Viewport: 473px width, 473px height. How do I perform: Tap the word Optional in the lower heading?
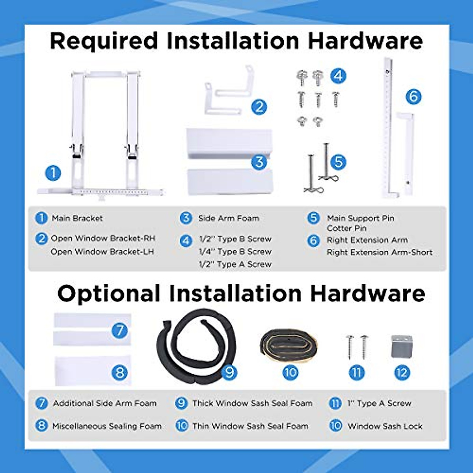pyautogui.click(x=109, y=293)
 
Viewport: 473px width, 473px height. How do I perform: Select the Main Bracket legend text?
pyautogui.click(x=77, y=218)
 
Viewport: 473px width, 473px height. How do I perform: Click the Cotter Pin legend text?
pyautogui.click(x=346, y=228)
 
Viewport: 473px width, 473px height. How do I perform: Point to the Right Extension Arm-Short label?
pyautogui.click(x=380, y=252)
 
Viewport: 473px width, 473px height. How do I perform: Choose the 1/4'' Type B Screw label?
pyautogui.click(x=235, y=251)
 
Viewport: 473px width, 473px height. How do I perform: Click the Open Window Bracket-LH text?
pyautogui.click(x=102, y=251)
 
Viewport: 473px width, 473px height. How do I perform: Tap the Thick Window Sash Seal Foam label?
pyautogui.click(x=252, y=403)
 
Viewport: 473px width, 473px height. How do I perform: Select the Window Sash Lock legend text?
pyautogui.click(x=385, y=426)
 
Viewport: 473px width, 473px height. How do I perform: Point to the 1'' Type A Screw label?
pyautogui.click(x=379, y=403)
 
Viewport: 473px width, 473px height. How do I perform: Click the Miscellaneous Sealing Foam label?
pyautogui.click(x=107, y=426)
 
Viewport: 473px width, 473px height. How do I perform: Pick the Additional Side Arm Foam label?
pyautogui.click(x=105, y=403)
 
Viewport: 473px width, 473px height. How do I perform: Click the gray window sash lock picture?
pyautogui.click(x=402, y=346)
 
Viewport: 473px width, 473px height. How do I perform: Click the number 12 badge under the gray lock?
pyautogui.click(x=402, y=373)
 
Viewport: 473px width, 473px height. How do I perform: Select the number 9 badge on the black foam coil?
pyautogui.click(x=229, y=372)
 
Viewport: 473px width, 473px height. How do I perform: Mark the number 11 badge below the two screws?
pyautogui.click(x=356, y=373)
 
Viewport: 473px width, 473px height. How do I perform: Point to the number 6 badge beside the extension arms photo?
pyautogui.click(x=413, y=97)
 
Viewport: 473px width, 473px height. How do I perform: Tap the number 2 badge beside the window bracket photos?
pyautogui.click(x=259, y=107)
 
